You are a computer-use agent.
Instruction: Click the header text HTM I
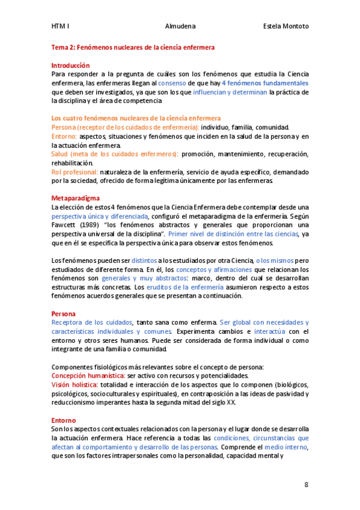click(60, 26)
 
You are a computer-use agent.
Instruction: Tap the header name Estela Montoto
click(286, 26)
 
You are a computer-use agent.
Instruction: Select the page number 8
click(306, 485)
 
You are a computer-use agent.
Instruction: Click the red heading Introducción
click(70, 65)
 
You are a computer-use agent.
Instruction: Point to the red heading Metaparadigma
click(76, 197)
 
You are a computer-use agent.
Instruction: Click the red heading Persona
click(63, 314)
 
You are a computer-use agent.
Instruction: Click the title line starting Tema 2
click(133, 46)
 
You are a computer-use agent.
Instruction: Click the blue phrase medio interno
click(285, 448)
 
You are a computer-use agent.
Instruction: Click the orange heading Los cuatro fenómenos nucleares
click(136, 118)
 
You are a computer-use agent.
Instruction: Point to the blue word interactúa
click(269, 332)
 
